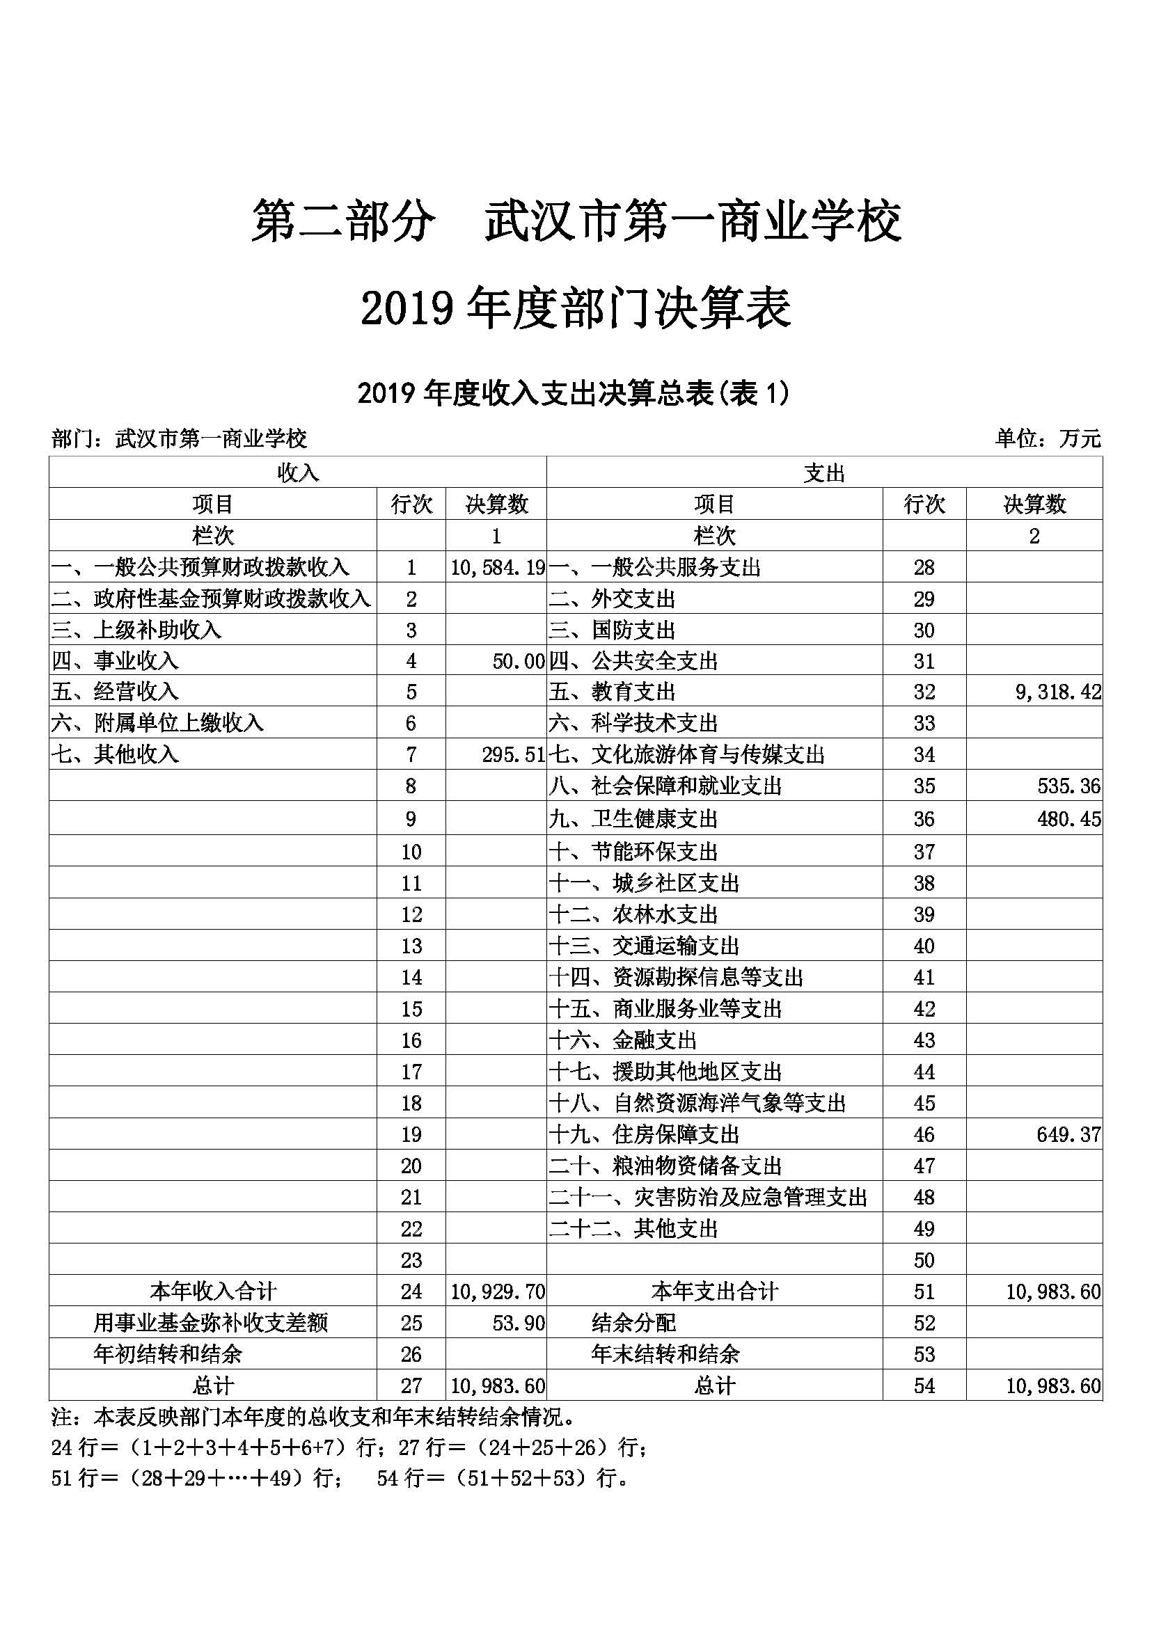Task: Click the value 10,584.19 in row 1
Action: (x=498, y=568)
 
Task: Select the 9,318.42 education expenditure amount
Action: (x=1058, y=692)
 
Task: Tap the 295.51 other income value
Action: (x=513, y=755)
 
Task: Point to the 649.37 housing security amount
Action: (x=1068, y=1134)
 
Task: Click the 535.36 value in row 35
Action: (x=1068, y=786)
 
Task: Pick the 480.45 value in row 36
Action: (x=1068, y=820)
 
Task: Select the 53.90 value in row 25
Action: (x=519, y=1324)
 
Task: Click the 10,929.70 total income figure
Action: (x=498, y=1292)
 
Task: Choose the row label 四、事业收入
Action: (x=115, y=661)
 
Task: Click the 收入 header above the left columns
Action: (x=298, y=473)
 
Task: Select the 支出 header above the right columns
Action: (x=824, y=473)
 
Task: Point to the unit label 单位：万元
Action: (x=1048, y=439)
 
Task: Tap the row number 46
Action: (x=924, y=1134)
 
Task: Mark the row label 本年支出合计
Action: (x=715, y=1292)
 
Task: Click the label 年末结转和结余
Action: (x=665, y=1354)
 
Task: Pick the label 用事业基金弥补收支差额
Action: (x=211, y=1324)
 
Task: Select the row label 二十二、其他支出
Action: (x=634, y=1229)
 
